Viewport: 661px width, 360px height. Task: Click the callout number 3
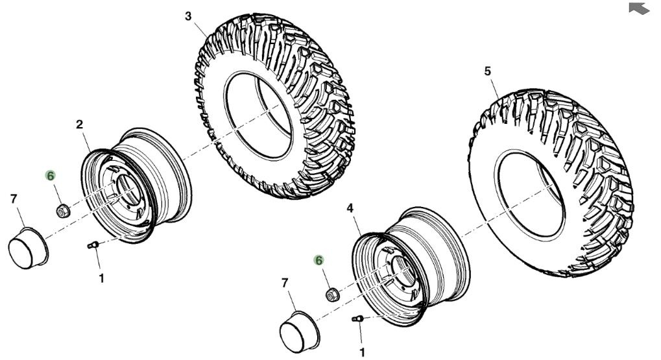click(x=188, y=16)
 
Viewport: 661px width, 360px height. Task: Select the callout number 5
click(x=488, y=71)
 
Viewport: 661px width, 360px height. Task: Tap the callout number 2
click(x=79, y=125)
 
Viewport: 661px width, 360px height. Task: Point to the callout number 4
click(x=350, y=208)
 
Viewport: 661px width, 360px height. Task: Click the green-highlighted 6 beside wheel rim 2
click(x=51, y=176)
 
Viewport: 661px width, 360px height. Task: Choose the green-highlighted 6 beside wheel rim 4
click(x=319, y=261)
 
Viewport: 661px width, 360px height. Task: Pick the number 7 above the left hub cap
click(x=14, y=198)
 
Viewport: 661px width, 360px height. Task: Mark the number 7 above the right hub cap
click(x=285, y=283)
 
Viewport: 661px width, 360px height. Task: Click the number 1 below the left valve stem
click(x=101, y=278)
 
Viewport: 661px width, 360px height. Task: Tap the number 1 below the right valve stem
click(x=362, y=352)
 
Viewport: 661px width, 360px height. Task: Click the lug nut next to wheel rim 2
click(x=63, y=210)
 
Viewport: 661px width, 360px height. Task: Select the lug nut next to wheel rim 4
click(x=333, y=294)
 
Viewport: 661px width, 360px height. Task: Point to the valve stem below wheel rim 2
click(x=93, y=245)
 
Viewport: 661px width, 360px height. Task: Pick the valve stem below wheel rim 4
click(x=357, y=318)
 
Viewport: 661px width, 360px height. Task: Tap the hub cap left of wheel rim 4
click(x=300, y=331)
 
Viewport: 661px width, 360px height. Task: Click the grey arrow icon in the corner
click(x=639, y=8)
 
